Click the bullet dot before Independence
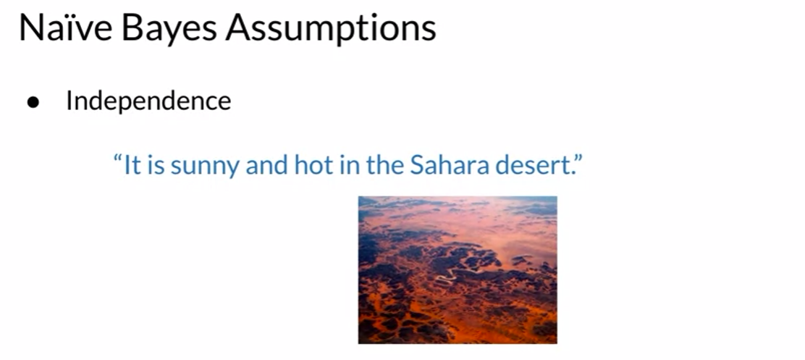coord(33,102)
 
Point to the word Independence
coord(148,101)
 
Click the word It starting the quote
coord(131,164)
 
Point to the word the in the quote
coord(384,164)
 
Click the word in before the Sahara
coord(349,165)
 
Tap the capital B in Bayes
coord(132,28)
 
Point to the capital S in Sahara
coord(416,165)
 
